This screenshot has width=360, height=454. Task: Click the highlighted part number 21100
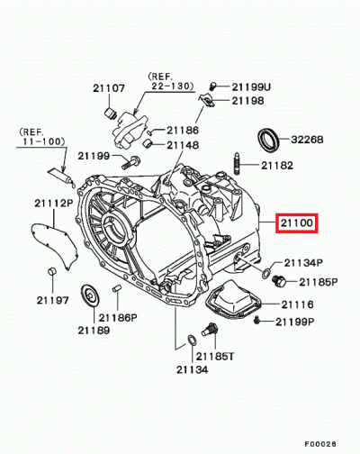coord(297,223)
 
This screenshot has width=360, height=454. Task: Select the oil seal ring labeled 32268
coord(269,140)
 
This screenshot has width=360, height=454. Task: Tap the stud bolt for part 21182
coord(238,163)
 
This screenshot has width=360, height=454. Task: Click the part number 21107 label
coord(108,88)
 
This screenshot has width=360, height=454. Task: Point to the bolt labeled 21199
coord(130,162)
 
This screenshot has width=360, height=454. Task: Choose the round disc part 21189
coord(90,296)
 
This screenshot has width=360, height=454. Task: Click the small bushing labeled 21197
coord(52,271)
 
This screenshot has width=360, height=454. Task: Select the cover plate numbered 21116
coord(233,299)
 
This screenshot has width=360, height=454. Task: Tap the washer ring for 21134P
coord(265,274)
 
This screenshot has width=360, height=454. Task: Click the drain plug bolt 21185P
coord(279,281)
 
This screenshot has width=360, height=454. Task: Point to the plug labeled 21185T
coord(210,330)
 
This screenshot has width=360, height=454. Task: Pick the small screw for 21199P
coord(256,321)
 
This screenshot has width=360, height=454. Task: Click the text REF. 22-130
coord(170,81)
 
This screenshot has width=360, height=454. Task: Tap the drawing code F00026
coord(320,443)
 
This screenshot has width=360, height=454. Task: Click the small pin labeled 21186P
coord(116,288)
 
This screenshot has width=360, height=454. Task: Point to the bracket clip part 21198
coord(207,100)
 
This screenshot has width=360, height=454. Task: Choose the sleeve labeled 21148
coord(148,144)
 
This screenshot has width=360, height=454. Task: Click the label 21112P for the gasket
coord(54,204)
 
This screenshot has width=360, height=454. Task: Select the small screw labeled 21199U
coord(212,86)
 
